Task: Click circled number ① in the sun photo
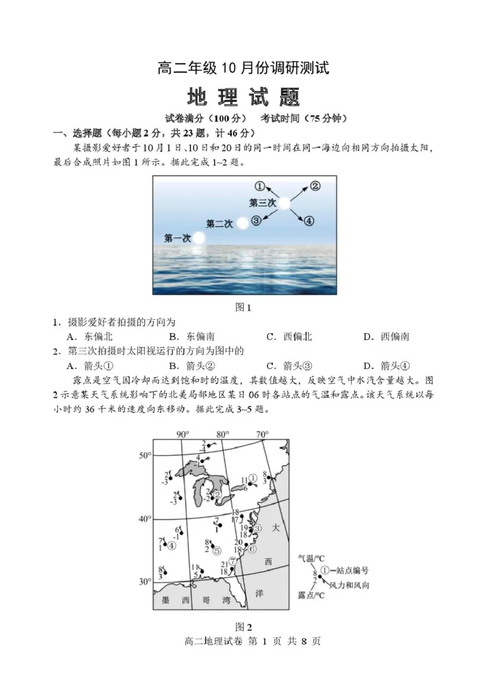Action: tap(260, 186)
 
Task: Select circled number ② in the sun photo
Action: tap(315, 186)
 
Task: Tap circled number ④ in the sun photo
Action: tap(309, 221)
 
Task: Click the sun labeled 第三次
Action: tap(284, 204)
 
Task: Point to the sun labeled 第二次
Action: tap(242, 223)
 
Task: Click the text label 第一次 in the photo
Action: tap(178, 237)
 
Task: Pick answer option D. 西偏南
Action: tap(386, 336)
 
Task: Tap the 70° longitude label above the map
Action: tap(262, 435)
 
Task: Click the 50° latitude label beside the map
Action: tap(144, 455)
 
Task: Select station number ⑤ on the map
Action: tap(216, 550)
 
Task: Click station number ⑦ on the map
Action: tap(232, 561)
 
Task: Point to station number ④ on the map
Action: tap(172, 545)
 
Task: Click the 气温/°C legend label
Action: tap(312, 557)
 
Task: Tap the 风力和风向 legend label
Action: tap(349, 585)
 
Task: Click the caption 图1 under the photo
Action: tap(243, 308)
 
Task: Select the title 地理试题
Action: tap(243, 97)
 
